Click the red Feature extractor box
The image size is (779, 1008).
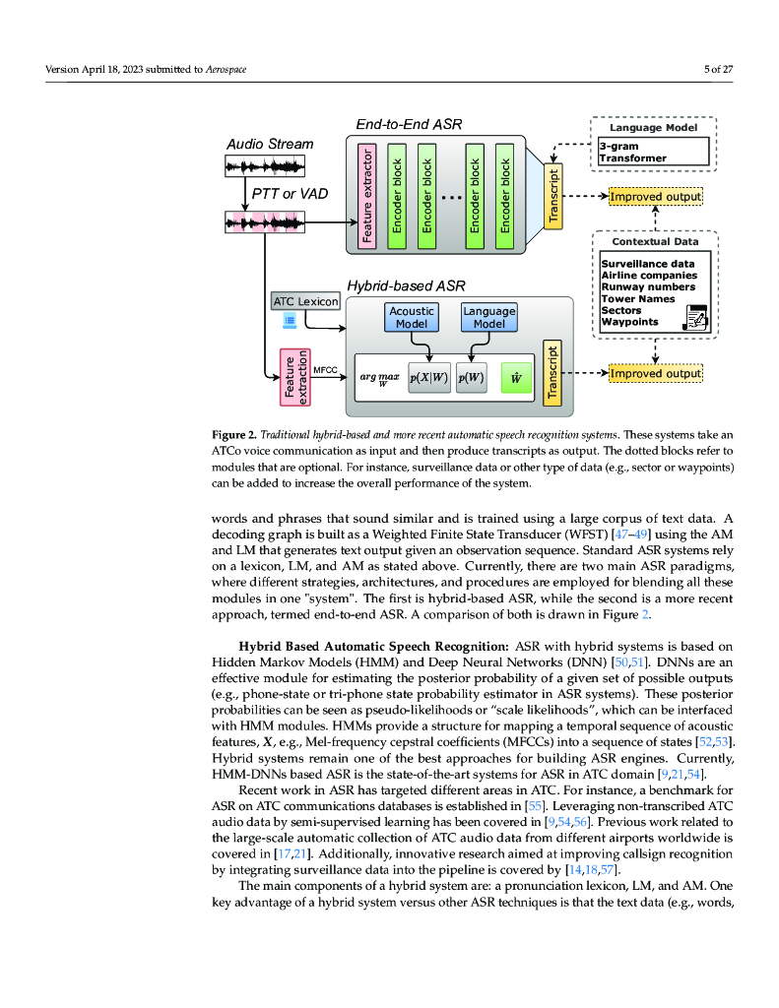(x=366, y=195)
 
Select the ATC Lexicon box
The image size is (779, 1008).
(x=305, y=301)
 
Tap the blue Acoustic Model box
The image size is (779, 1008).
(x=412, y=318)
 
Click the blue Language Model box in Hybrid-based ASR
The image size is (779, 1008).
(x=489, y=318)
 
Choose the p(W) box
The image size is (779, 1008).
(x=472, y=377)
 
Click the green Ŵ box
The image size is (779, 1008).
(x=516, y=377)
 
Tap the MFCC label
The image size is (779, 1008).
(x=326, y=370)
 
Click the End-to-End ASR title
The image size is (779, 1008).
(x=409, y=124)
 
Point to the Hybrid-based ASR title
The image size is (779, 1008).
(x=413, y=284)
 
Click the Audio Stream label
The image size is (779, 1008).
(x=270, y=144)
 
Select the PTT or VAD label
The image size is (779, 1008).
(x=289, y=193)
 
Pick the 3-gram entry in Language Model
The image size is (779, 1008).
(x=618, y=147)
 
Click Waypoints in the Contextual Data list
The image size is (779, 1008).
(x=630, y=322)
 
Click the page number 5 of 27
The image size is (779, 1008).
(x=717, y=69)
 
